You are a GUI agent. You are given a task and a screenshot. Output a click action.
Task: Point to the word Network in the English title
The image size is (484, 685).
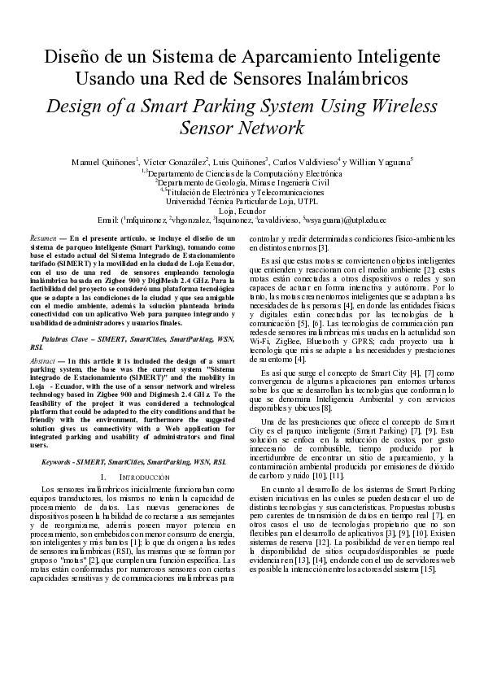coord(260,128)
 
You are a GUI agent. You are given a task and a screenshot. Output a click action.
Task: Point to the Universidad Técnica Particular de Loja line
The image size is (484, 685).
coord(242,200)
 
